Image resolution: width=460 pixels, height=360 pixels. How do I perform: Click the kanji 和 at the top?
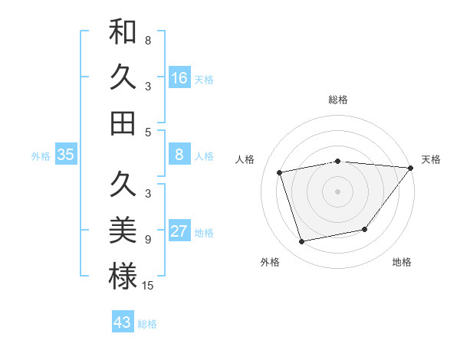(123, 32)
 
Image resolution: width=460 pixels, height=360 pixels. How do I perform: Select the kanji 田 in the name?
(123, 123)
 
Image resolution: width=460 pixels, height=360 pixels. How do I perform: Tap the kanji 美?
(123, 231)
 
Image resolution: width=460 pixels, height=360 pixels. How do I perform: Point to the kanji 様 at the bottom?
(123, 277)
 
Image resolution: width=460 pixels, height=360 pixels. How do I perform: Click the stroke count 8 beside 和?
(147, 40)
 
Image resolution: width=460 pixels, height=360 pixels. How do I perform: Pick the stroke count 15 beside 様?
(148, 286)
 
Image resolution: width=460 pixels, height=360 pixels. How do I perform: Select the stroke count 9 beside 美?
(147, 240)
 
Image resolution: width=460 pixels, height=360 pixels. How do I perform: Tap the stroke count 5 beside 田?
(147, 132)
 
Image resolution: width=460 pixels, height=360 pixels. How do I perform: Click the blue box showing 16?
(179, 77)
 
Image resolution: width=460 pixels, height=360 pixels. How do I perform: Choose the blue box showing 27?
(179, 231)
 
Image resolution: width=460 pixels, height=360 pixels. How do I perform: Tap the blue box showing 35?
(66, 155)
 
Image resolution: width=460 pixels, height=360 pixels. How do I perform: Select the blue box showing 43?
(123, 322)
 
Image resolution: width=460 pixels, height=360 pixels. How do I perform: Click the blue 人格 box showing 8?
(179, 155)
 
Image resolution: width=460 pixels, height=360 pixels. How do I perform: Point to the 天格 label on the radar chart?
(431, 159)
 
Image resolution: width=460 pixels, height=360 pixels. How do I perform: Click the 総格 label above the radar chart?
(337, 100)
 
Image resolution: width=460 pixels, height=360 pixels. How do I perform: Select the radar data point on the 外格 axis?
(302, 242)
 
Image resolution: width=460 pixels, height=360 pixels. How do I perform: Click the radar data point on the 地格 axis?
(365, 229)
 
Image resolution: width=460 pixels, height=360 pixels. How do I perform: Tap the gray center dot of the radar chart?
(337, 191)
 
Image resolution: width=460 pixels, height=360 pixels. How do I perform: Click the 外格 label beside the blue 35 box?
(41, 156)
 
